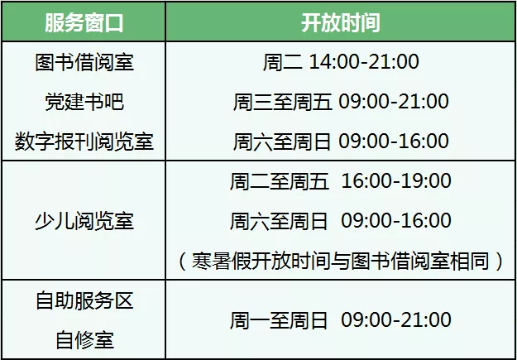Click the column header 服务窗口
pos(84,23)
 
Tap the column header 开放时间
pos(341,23)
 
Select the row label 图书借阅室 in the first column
pos(84,62)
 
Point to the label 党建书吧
pos(84,102)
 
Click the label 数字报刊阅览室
pos(84,142)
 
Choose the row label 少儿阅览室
pos(84,221)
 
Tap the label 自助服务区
pos(84,301)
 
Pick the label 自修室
pos(84,340)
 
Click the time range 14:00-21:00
pos(364,62)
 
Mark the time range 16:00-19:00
pos(396,181)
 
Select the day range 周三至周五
pos(282,102)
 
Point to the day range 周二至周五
pos(280,181)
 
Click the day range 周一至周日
pos(279,320)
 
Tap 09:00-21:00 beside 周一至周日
pos(396,320)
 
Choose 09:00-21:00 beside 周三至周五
pos(394,102)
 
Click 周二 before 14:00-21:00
pos(283,62)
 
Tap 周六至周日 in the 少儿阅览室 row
pos(279,221)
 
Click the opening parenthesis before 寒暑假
pos(182,261)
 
